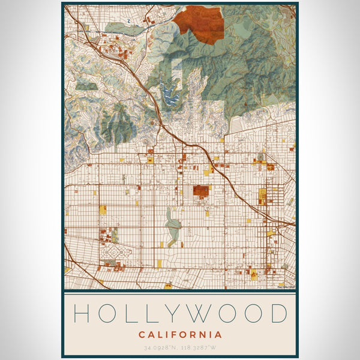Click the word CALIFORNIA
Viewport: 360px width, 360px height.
pos(180,334)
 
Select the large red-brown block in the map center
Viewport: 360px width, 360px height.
pos(200,192)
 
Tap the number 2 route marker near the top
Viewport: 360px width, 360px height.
pos(128,20)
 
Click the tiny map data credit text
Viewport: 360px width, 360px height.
pos(286,287)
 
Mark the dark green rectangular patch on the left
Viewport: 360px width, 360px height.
pos(85,86)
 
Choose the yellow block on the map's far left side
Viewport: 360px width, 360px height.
pos(103,209)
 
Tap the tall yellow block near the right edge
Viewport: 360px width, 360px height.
pos(262,195)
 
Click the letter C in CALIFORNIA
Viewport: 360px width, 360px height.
pos(142,334)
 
